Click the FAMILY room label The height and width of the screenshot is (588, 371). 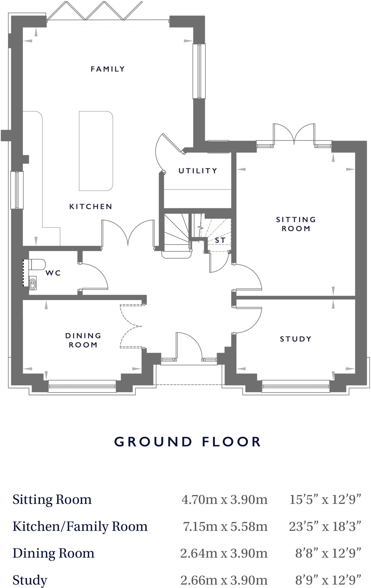tap(108, 69)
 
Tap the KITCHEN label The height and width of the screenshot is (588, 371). tap(91, 206)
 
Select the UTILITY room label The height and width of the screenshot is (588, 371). tap(198, 171)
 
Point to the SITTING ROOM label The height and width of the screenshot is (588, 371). tap(296, 224)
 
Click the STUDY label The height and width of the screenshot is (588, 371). tap(296, 339)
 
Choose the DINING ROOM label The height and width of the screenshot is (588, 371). tap(83, 340)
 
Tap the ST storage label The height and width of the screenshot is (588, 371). tap(220, 240)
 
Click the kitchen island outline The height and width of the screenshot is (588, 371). tap(96, 151)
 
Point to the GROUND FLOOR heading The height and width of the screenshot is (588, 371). tap(188, 442)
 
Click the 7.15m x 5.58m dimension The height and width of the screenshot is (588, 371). tap(225, 526)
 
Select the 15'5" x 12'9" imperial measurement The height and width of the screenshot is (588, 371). tap(325, 500)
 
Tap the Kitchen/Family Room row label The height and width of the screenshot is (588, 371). tap(80, 526)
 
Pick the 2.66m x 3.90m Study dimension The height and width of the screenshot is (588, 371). tap(224, 580)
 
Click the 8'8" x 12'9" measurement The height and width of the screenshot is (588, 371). tap(328, 553)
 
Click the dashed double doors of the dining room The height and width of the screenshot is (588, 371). tap(131, 326)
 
